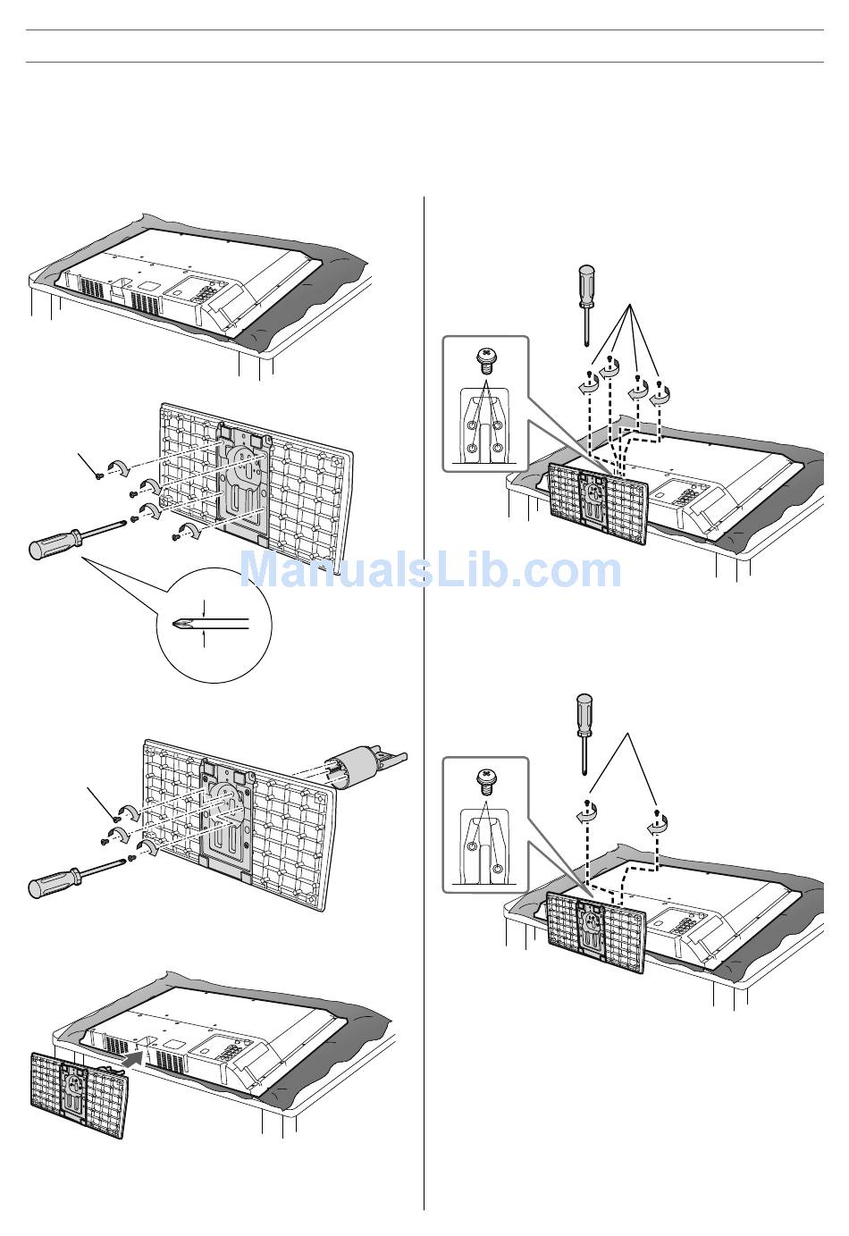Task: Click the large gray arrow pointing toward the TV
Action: pyautogui.click(x=134, y=1057)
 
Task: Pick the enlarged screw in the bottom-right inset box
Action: pyautogui.click(x=484, y=781)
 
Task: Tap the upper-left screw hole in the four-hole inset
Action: pyautogui.click(x=472, y=425)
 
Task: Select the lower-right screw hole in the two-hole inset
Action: pyautogui.click(x=498, y=869)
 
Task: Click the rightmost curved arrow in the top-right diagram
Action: pyautogui.click(x=660, y=396)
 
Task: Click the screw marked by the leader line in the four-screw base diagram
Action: pyautogui.click(x=99, y=475)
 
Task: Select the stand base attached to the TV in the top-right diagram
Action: pyautogui.click(x=598, y=502)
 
